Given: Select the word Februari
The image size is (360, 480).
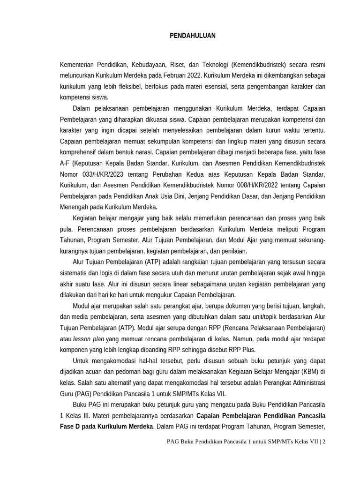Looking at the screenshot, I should [171, 75].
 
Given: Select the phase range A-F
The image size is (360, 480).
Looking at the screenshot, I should [65, 163].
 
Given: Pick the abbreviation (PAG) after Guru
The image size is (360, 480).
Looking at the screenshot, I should [83, 393].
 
